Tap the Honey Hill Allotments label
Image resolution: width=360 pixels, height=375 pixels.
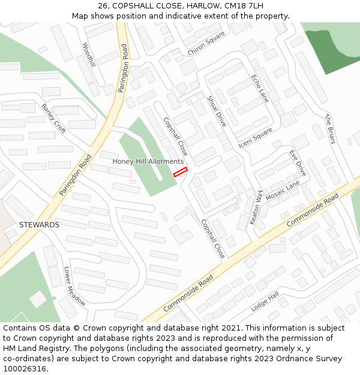tap(148, 161)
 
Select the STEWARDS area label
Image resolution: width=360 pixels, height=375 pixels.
tap(39, 224)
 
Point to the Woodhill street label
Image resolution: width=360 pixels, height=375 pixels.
tap(89, 55)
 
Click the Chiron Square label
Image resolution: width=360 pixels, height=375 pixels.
tap(206, 43)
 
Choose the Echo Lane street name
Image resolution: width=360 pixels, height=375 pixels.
tap(260, 89)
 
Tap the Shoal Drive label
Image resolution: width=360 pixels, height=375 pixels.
tap(217, 111)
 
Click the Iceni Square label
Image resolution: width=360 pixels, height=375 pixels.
tap(255, 137)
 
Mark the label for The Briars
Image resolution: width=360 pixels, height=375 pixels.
tap(329, 129)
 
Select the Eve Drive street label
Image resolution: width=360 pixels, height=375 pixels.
tap(298, 163)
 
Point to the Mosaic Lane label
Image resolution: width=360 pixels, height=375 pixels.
tap(283, 192)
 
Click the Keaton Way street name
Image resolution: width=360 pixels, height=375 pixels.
tap(256, 208)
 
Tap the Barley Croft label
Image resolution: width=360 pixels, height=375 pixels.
tap(53, 118)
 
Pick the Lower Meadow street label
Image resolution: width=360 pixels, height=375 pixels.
tap(75, 286)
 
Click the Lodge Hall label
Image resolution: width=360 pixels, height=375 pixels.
tap(265, 301)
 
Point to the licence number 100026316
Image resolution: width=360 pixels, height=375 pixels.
tap(26, 369)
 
